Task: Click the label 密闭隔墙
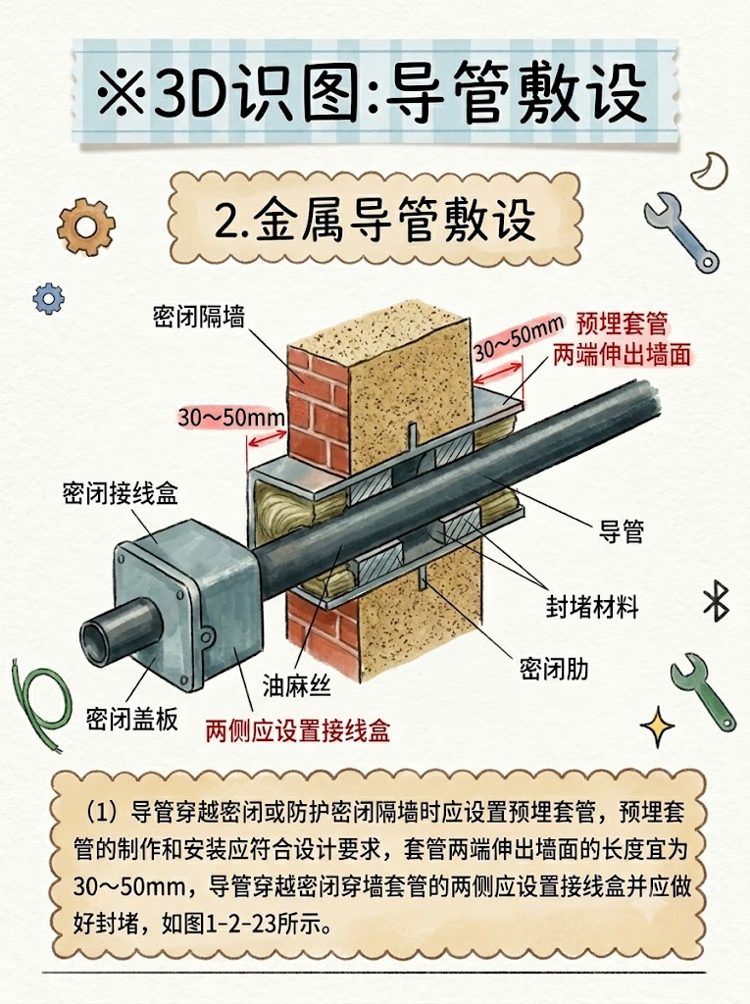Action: pos(199,317)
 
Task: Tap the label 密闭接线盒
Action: pos(120,493)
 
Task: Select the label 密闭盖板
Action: pos(132,719)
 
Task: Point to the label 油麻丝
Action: pos(296,685)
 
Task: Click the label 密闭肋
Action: pos(553,670)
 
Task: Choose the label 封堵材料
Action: pos(592,606)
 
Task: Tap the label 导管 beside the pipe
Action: pos(621,531)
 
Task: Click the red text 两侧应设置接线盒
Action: pos(298,730)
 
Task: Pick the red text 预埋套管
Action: pos(622,324)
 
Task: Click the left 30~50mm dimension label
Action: pos(231,418)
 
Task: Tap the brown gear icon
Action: pos(86,226)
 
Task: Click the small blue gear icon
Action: pos(49,298)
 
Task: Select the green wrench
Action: pos(702,690)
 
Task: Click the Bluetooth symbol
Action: pos(716,601)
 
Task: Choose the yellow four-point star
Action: pos(658,727)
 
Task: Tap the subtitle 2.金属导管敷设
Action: pos(375,221)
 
